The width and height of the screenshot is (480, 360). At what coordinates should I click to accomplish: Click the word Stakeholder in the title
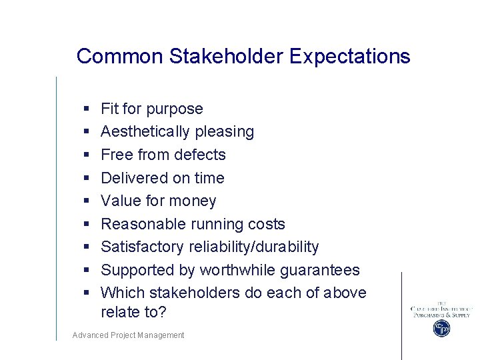227,56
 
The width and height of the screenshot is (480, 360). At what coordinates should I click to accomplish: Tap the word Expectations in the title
350,56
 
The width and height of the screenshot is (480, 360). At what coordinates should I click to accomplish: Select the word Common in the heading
120,56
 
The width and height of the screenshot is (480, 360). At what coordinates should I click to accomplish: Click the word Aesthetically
143,131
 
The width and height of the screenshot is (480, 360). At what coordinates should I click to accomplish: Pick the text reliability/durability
253,247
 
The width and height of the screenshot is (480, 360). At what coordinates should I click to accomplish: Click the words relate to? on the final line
133,312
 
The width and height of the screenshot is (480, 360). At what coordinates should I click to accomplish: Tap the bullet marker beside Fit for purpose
87,109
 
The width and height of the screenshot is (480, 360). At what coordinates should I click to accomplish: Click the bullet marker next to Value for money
87,201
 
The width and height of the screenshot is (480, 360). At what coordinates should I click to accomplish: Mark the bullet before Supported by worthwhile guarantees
87,271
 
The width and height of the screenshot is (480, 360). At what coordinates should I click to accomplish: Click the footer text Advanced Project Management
128,335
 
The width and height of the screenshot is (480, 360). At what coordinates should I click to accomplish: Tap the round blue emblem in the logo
441,328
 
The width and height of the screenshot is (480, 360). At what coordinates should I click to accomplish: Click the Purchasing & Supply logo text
441,314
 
